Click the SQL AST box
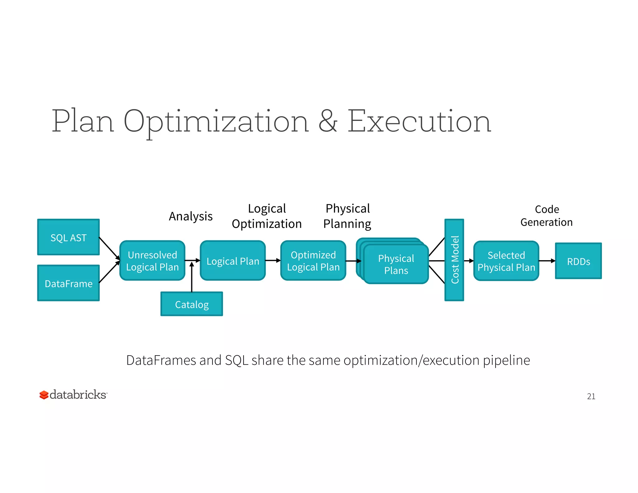click(69, 237)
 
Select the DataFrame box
click(69, 283)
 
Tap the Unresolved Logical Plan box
click(152, 261)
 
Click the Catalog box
click(192, 304)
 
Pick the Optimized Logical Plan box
click(313, 261)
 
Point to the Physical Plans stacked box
click(396, 264)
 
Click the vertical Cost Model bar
click(454, 260)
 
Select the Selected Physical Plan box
click(506, 261)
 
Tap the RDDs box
click(578, 261)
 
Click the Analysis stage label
click(191, 216)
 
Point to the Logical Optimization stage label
click(267, 216)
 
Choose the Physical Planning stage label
click(347, 216)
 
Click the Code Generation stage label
click(547, 216)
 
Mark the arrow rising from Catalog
click(192, 277)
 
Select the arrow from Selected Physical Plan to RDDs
click(547, 261)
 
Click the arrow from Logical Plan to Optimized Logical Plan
click(273, 260)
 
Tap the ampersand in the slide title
click(328, 121)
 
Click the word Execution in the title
click(419, 121)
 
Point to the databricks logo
click(73, 395)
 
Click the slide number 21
click(591, 396)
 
